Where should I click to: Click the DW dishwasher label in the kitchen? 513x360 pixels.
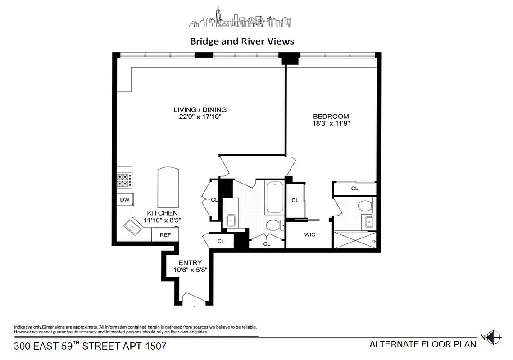coord(124,199)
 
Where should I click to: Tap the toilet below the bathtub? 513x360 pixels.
coord(273,226)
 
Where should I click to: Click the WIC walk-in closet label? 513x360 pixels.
coord(310,234)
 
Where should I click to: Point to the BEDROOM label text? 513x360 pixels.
coord(331,116)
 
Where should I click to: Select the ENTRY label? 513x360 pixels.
coord(190,263)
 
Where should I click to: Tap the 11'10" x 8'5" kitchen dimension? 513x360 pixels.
coord(162,220)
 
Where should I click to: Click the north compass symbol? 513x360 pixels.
coord(495,336)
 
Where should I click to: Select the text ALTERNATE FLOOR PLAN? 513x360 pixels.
coord(422,345)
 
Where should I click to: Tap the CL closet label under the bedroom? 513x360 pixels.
coord(354,189)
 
